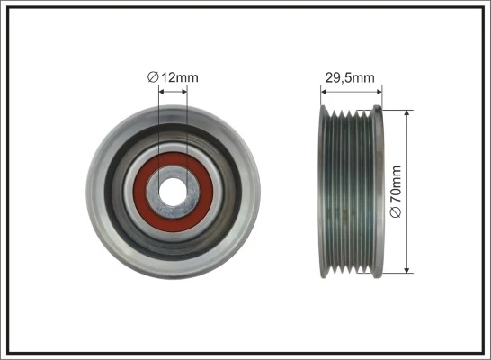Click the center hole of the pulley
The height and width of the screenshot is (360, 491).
(173, 189)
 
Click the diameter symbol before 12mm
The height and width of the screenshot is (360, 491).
(152, 77)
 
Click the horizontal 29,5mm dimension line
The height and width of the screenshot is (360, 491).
(352, 90)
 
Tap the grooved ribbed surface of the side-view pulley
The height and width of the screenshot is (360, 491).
(352, 189)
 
